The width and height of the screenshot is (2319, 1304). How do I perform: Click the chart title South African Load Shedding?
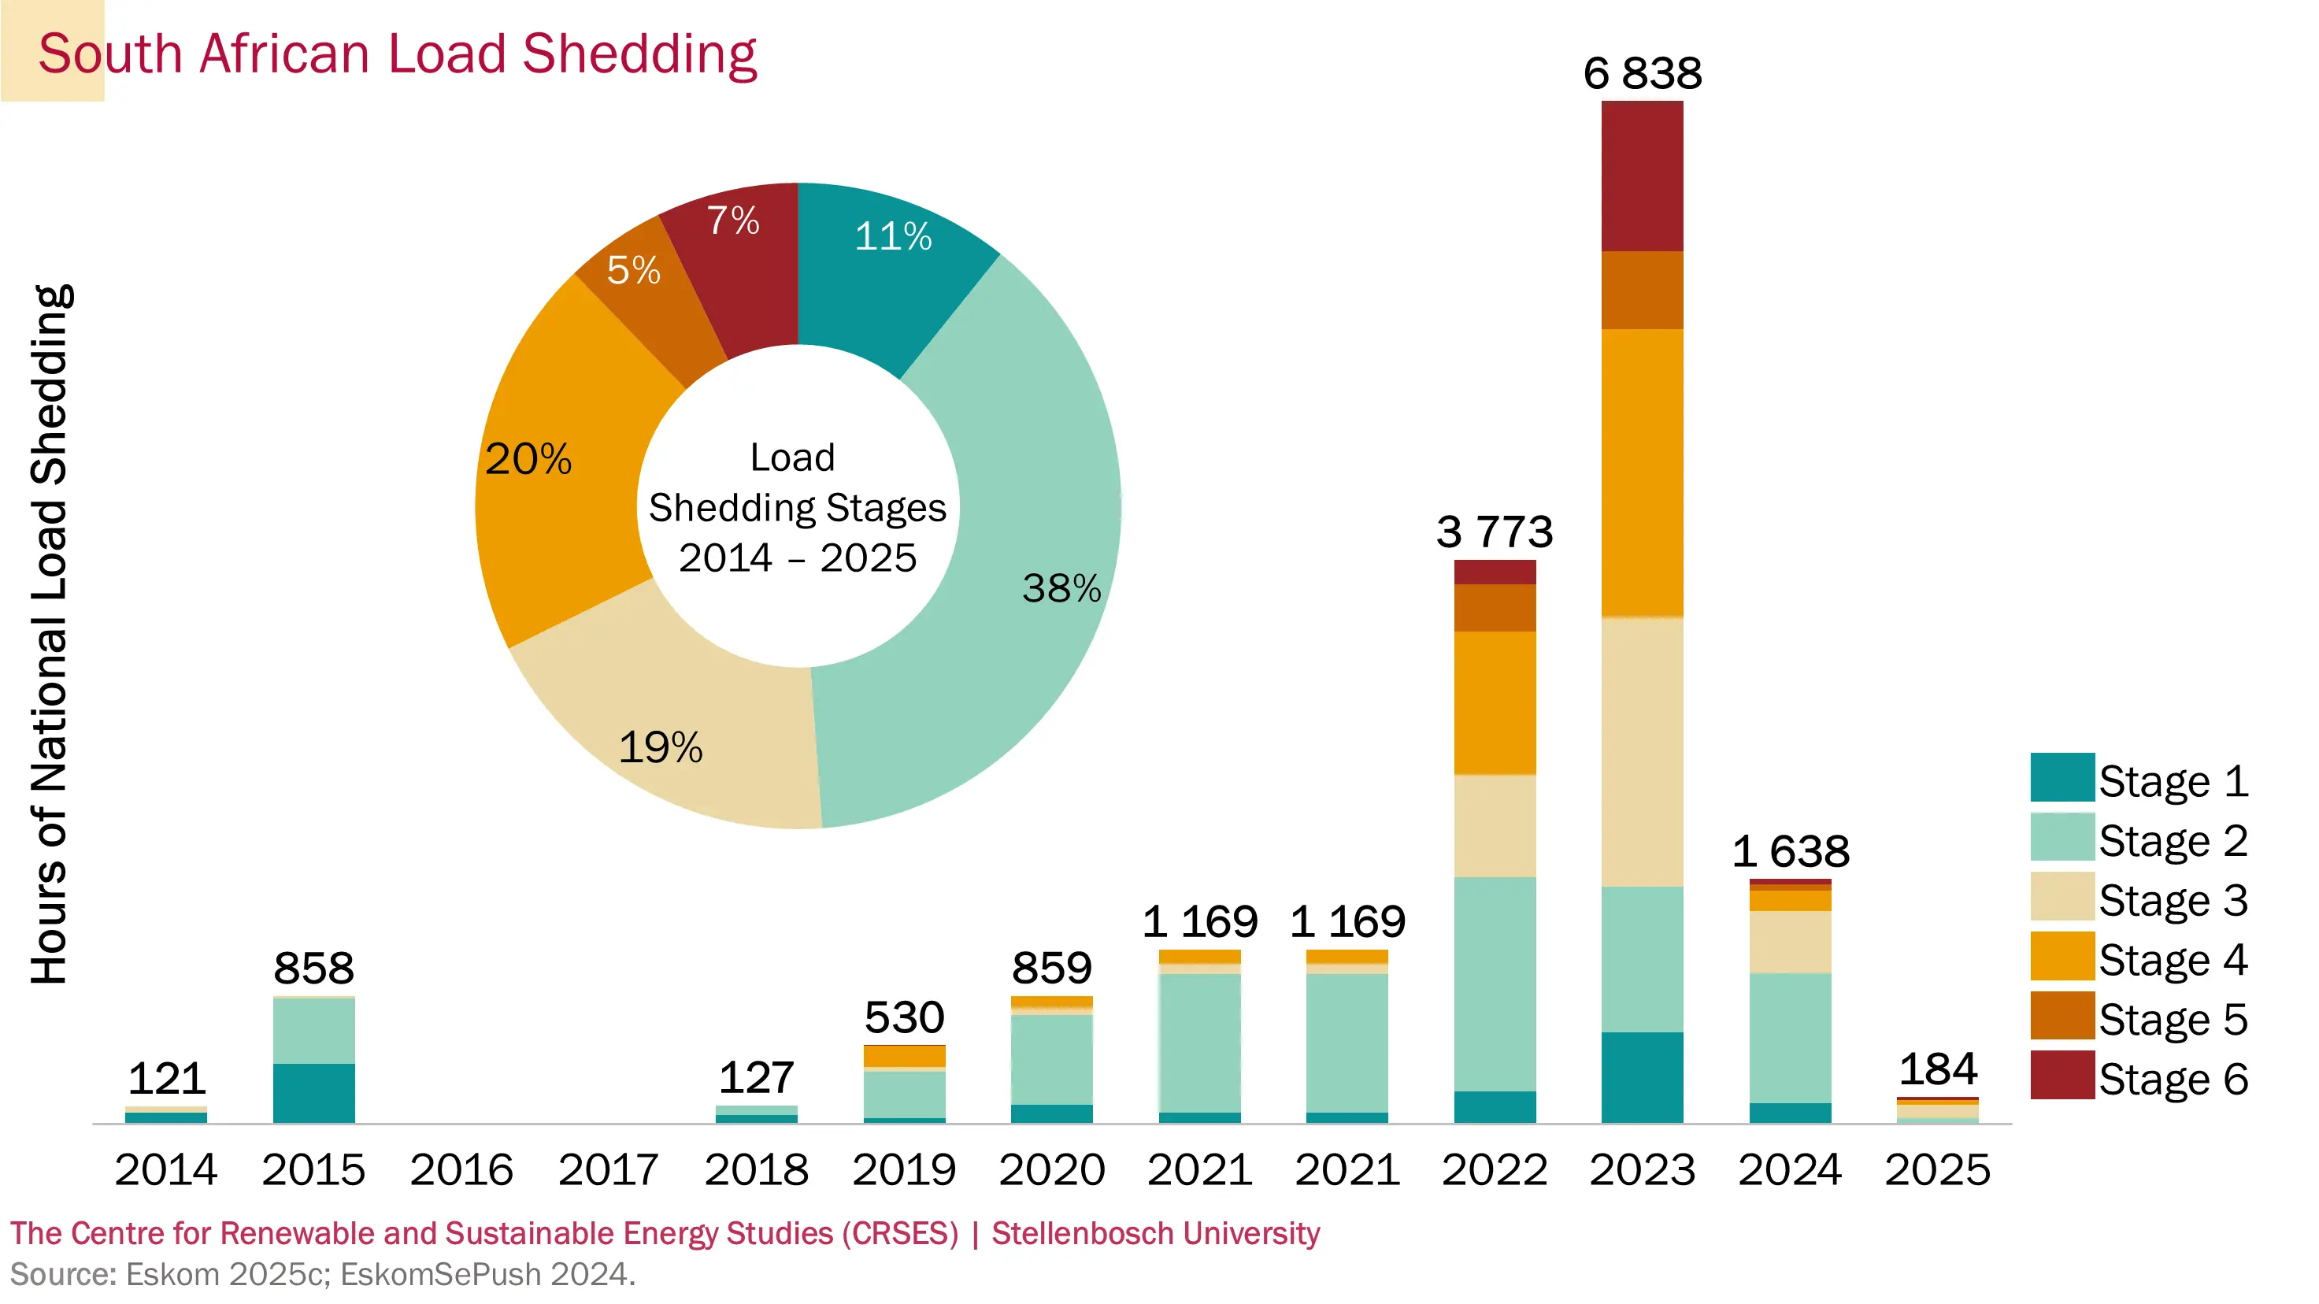coord(397,54)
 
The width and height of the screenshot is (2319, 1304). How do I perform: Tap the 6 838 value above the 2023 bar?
coord(1642,73)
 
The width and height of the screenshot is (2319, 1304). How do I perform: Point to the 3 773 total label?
coord(1495,531)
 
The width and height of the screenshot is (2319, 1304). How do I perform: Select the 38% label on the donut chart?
coord(1061,588)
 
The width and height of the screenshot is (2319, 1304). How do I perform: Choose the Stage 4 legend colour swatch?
coord(2062,956)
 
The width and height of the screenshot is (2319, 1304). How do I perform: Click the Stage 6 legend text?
coord(2173,1078)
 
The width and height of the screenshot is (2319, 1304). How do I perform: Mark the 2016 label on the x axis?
coord(461,1169)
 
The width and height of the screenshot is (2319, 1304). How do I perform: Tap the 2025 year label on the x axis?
coord(1937,1169)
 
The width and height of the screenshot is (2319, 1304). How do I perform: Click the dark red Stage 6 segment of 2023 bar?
coord(1642,176)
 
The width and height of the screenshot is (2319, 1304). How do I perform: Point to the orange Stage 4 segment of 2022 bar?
coord(1495,702)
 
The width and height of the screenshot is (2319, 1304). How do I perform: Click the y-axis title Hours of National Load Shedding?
coord(50,635)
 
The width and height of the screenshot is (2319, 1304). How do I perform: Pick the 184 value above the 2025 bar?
coord(1937,1069)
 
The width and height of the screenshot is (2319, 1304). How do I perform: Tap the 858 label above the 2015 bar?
coord(313,969)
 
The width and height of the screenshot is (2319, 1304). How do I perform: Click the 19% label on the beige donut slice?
coord(660,747)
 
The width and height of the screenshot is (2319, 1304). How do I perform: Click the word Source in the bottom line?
coord(62,1274)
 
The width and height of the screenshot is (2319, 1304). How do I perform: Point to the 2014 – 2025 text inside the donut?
coord(797,558)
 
